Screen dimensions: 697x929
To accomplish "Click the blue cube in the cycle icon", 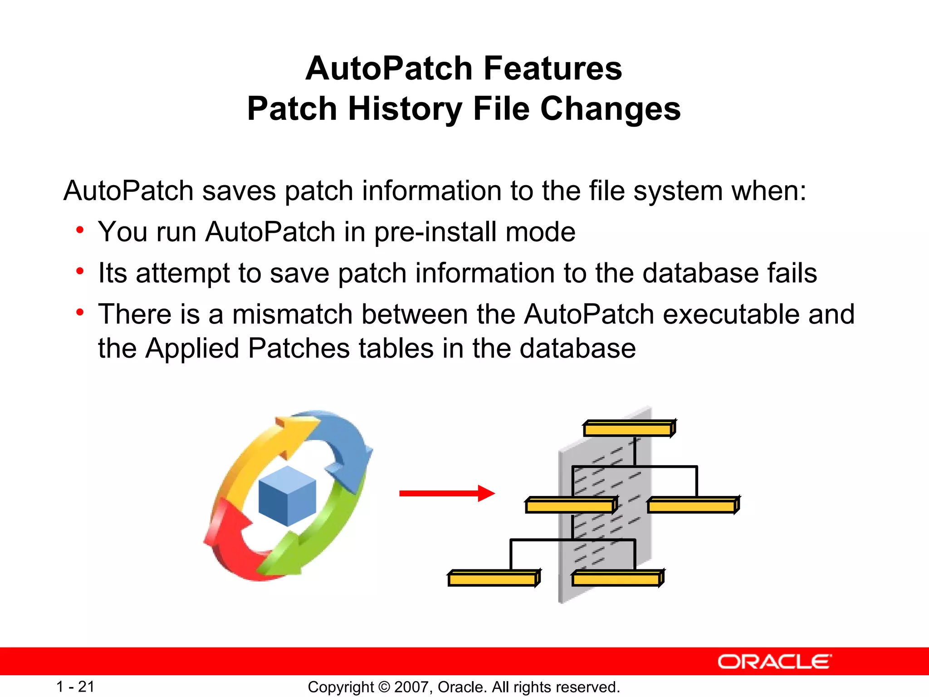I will coord(287,496).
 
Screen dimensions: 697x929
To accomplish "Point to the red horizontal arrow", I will coord(446,493).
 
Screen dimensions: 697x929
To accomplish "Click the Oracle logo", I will coord(774,662).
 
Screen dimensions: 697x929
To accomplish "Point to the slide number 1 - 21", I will coord(75,687).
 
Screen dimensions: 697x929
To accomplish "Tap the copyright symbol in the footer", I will coord(384,687).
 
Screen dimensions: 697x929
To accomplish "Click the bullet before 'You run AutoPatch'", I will coord(80,230).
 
